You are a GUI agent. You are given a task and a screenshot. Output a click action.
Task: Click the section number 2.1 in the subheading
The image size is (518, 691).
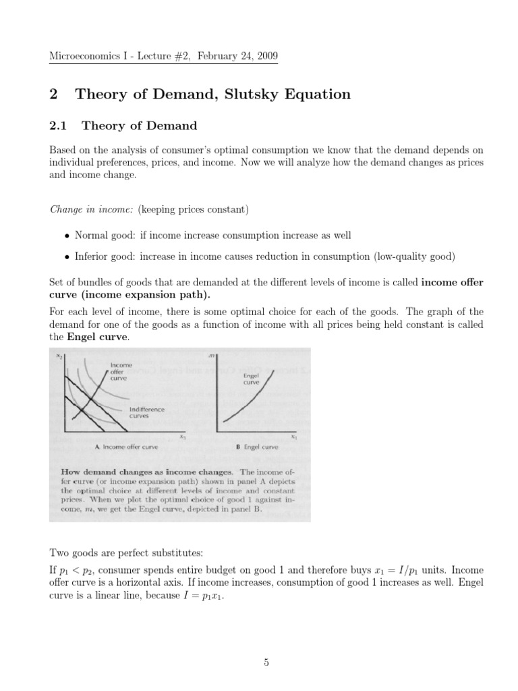[61, 126]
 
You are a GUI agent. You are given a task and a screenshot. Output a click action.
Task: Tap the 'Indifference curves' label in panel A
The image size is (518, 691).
[146, 412]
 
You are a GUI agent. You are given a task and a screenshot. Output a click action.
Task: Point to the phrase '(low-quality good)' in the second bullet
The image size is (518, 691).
[415, 256]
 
